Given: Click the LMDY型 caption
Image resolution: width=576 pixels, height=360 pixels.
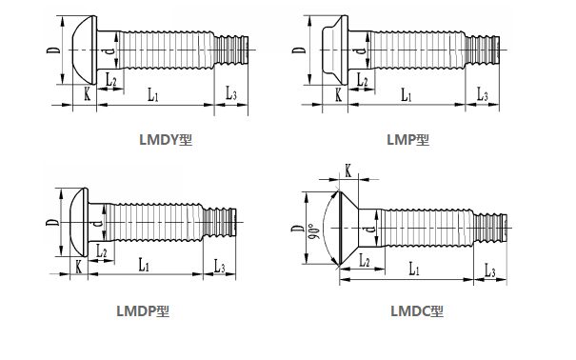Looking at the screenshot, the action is click(166, 140).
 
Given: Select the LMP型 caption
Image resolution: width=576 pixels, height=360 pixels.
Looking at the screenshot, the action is click(407, 140).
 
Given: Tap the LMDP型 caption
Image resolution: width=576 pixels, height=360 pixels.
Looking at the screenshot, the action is click(143, 311).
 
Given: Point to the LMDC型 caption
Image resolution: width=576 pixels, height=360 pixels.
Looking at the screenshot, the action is click(417, 311).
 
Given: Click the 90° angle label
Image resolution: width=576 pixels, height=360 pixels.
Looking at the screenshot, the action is click(314, 231).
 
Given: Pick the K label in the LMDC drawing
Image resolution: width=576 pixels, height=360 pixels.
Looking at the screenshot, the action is click(348, 170).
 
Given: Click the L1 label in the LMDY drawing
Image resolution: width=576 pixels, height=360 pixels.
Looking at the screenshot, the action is click(153, 94).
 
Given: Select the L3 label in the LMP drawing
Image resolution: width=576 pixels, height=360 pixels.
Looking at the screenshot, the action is click(483, 93).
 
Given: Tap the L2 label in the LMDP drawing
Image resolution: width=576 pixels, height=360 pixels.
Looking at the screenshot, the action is click(101, 251).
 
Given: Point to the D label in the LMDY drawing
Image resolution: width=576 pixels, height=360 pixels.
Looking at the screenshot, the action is click(53, 50).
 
